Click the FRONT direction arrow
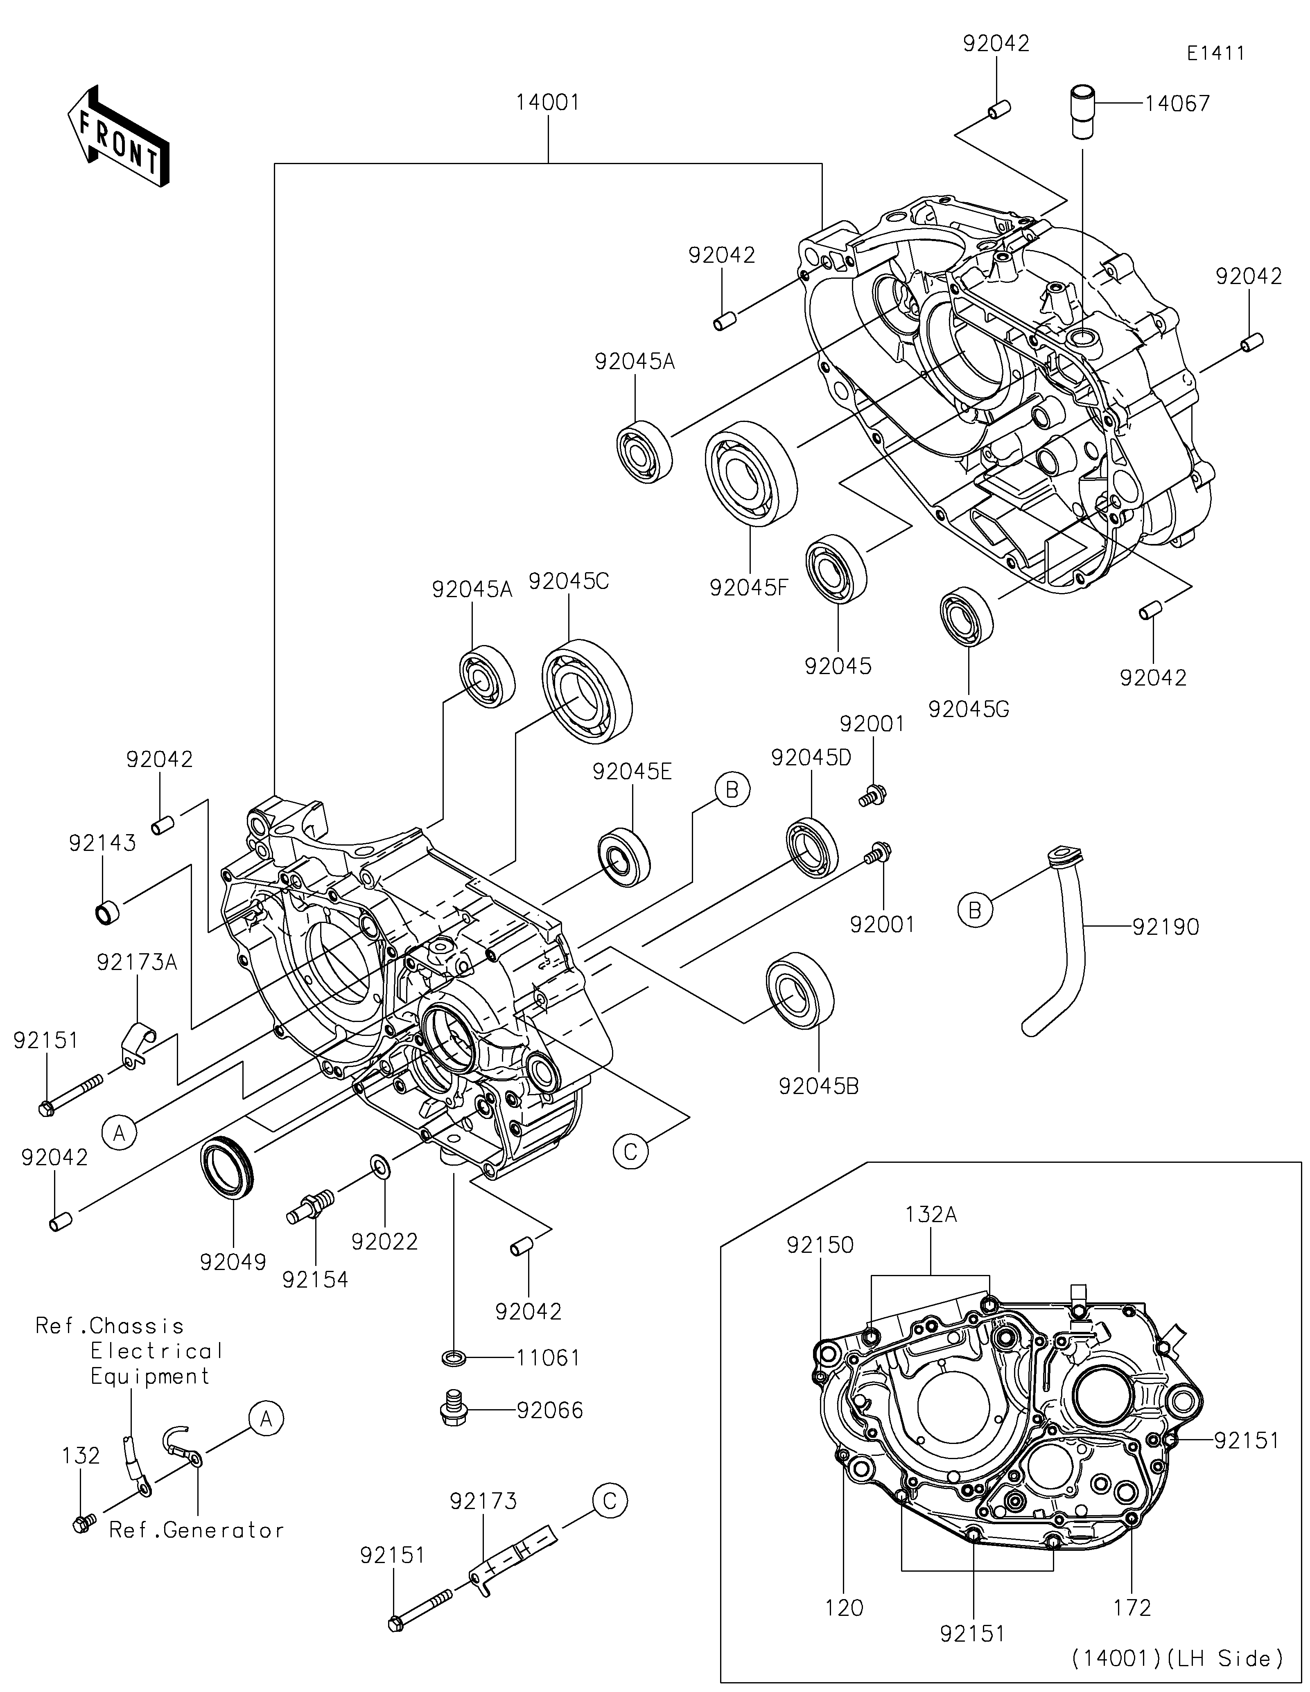[118, 135]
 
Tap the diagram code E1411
[1215, 54]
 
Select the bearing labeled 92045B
[800, 994]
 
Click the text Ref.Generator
[197, 1530]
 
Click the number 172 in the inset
[1133, 1609]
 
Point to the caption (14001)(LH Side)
[1177, 1659]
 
